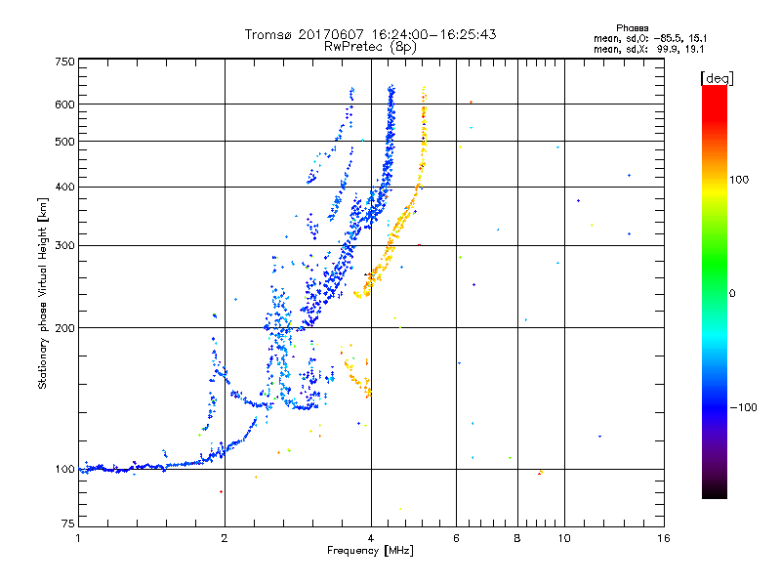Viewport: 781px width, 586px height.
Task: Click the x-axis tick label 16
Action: (664, 539)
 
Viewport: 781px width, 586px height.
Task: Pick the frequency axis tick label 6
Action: (457, 539)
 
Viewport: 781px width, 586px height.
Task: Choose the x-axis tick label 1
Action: (78, 539)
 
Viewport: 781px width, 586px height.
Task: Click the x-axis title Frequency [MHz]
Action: (371, 553)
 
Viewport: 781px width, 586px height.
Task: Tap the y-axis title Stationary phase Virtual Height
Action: (43, 294)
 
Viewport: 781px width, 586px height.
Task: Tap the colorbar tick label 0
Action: (734, 294)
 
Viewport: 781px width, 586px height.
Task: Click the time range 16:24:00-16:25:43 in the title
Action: (438, 34)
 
